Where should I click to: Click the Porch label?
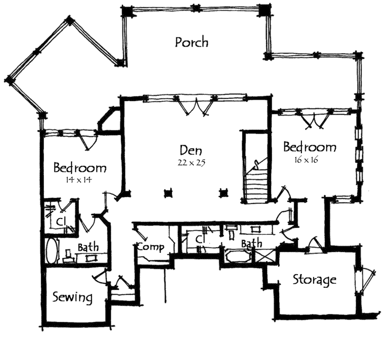coord(191,42)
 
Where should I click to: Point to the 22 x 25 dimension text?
coord(191,163)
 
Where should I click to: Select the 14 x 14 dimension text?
coord(79,180)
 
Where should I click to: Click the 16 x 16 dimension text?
coord(304,160)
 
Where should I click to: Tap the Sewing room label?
coord(73,297)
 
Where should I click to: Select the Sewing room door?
coord(101,277)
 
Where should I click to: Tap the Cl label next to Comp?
coord(200,240)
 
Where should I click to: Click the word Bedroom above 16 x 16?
coord(310,147)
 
